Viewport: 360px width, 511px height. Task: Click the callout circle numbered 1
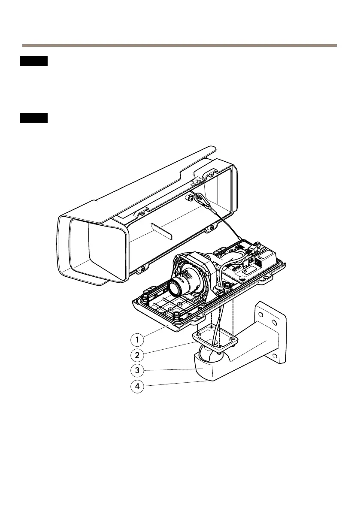coord(137,340)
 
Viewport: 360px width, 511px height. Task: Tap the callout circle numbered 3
coord(137,370)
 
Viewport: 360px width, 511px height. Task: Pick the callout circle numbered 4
coord(137,386)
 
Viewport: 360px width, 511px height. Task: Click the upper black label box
coord(33,61)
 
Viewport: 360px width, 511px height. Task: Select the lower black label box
coord(33,118)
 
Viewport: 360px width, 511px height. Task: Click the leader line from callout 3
coord(172,369)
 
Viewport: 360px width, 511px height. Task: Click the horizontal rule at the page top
coord(180,45)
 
